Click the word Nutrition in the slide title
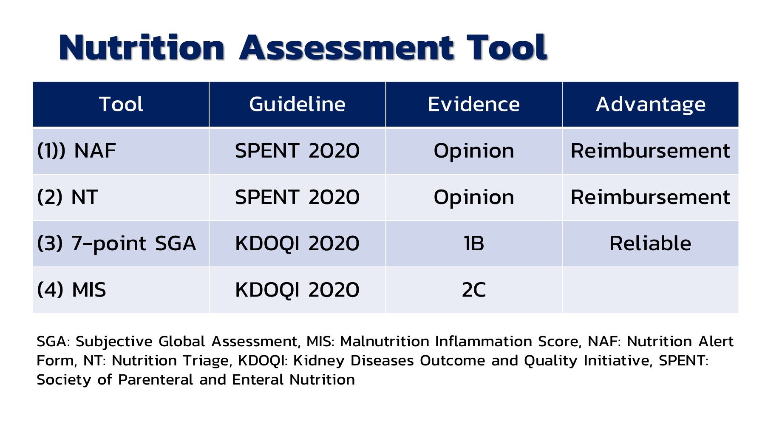142,48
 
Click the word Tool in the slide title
506,48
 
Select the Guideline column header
297,105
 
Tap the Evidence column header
473,105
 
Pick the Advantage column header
650,105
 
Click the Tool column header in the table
121,105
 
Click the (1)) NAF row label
76,151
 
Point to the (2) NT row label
68,197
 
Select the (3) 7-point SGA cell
116,243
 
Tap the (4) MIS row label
71,290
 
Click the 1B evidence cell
473,243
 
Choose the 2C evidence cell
473,290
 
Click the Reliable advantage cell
650,243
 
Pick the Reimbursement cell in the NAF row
650,151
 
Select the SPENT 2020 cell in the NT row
297,197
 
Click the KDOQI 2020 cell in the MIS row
297,290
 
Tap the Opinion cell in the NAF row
473,151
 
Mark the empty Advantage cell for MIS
650,290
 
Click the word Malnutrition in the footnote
385,342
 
